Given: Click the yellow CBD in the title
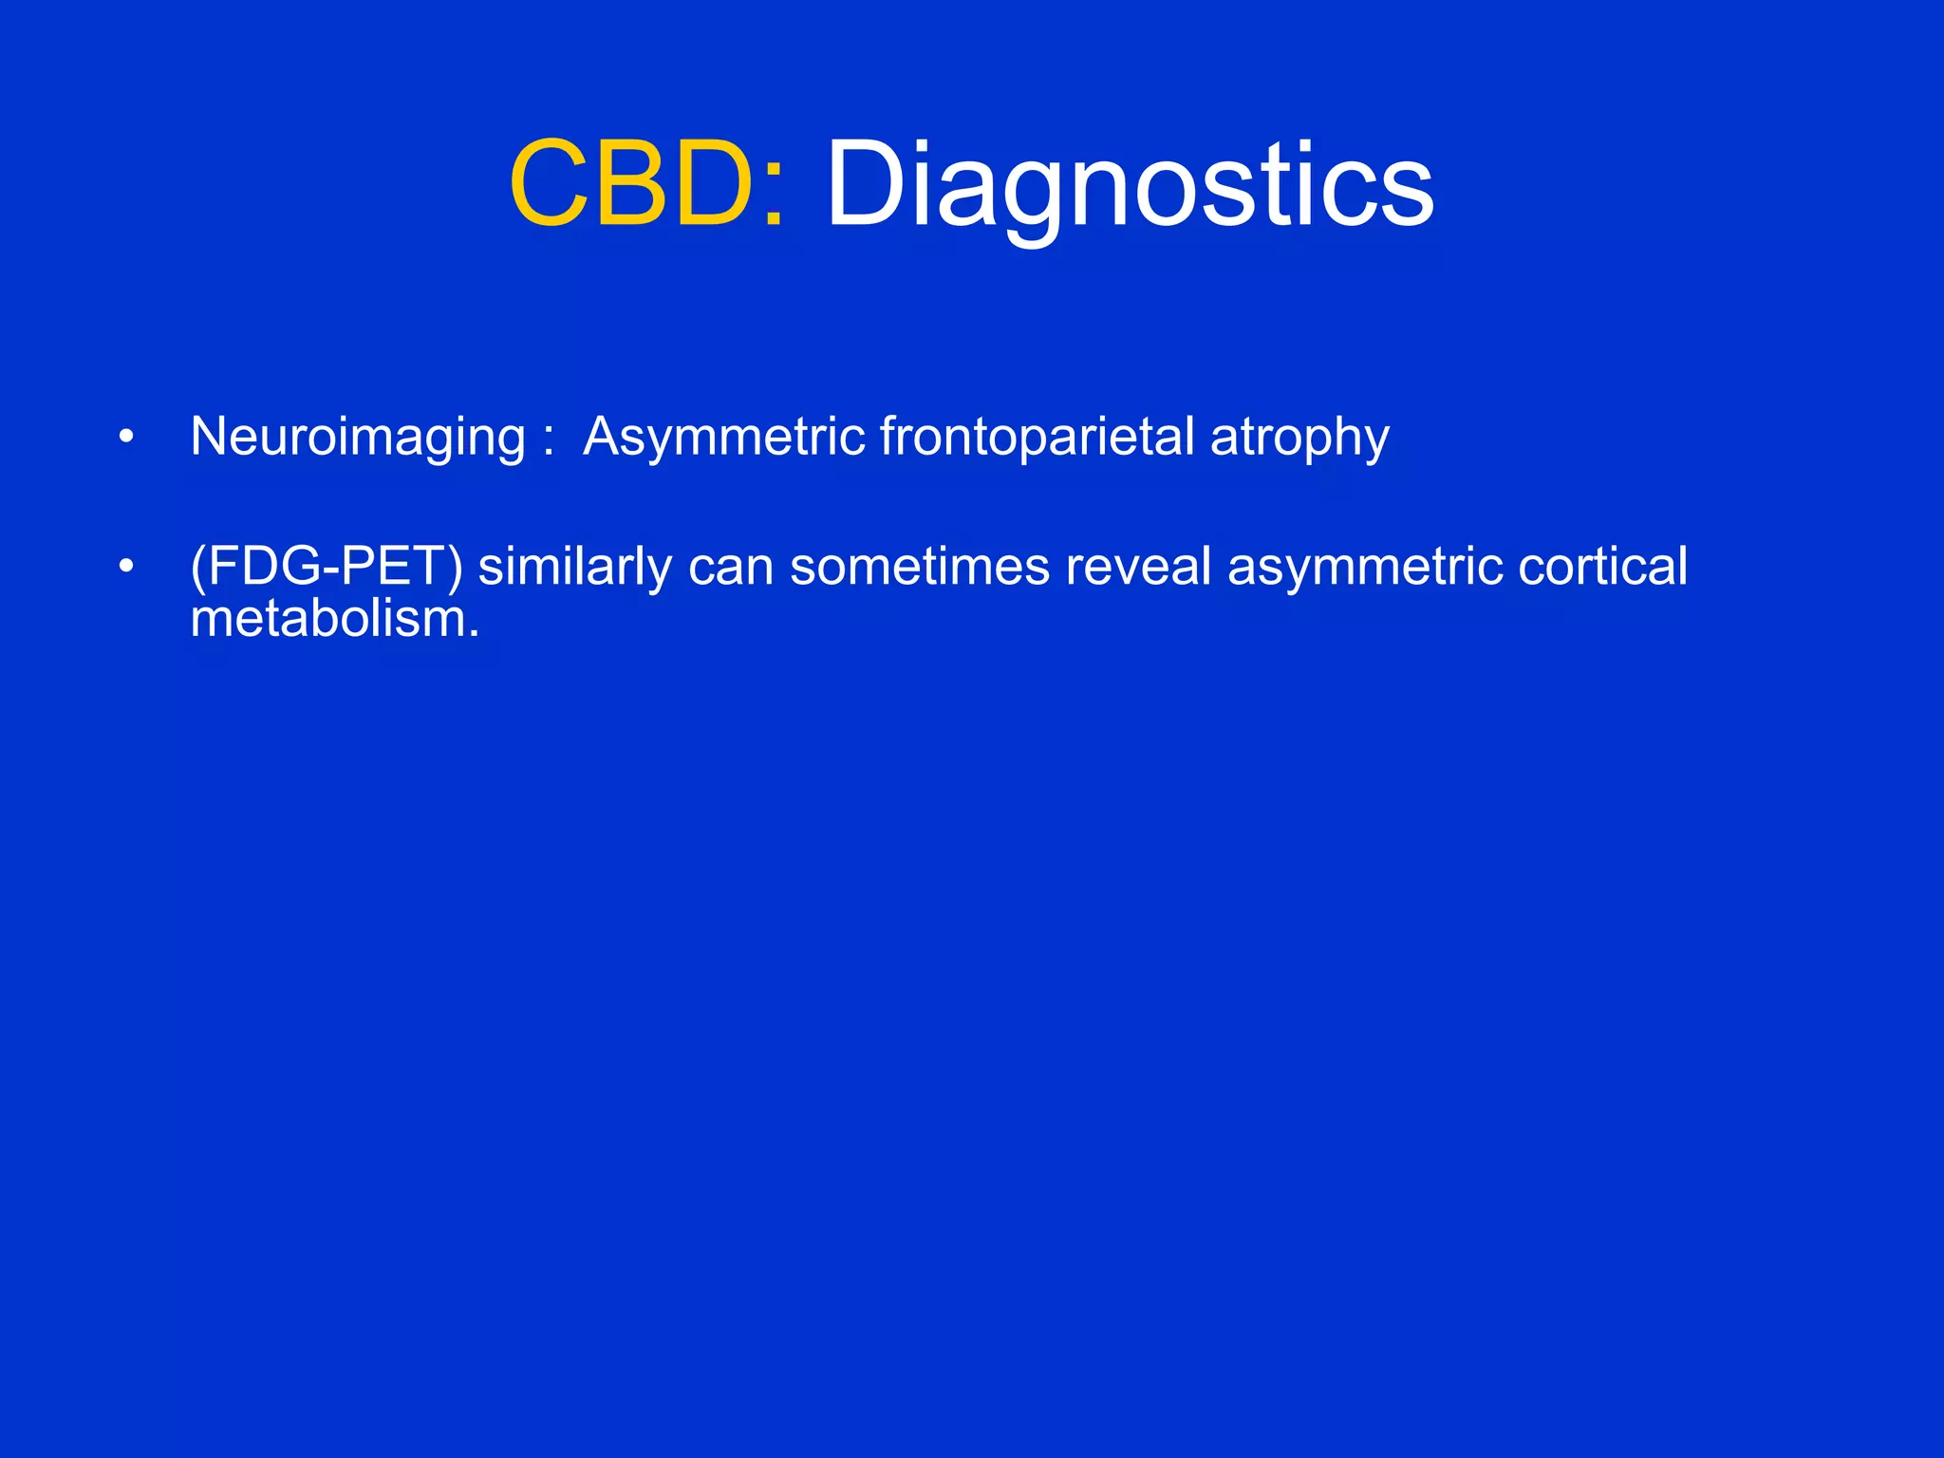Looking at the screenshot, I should [631, 183].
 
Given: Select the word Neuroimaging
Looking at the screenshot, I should [358, 437].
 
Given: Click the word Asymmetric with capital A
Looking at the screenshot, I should [723, 437].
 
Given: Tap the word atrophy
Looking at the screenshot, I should [1299, 439].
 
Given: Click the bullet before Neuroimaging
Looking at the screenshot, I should [126, 438].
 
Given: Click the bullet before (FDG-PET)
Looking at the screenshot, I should [126, 567].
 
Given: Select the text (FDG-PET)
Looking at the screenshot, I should [327, 567].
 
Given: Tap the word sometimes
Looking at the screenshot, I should [919, 567].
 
